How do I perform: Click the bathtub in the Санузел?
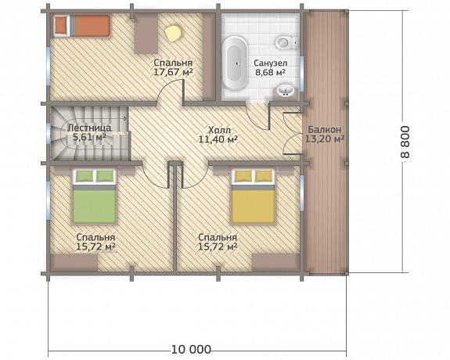[235, 63]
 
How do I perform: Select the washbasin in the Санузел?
[286, 91]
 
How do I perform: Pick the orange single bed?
[82, 26]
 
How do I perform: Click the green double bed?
[95, 196]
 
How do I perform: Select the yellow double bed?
[253, 196]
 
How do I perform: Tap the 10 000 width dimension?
[191, 350]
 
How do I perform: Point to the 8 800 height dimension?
[405, 142]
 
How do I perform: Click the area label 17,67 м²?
[173, 72]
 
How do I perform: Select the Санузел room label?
[271, 63]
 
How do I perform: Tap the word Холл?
[219, 130]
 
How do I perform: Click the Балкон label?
[324, 129]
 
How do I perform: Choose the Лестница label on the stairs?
[89, 128]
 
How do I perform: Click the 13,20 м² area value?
[325, 139]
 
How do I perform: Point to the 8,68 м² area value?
[270, 72]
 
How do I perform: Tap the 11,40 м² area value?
[218, 139]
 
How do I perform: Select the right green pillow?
[105, 176]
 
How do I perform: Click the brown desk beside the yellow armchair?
[146, 33]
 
